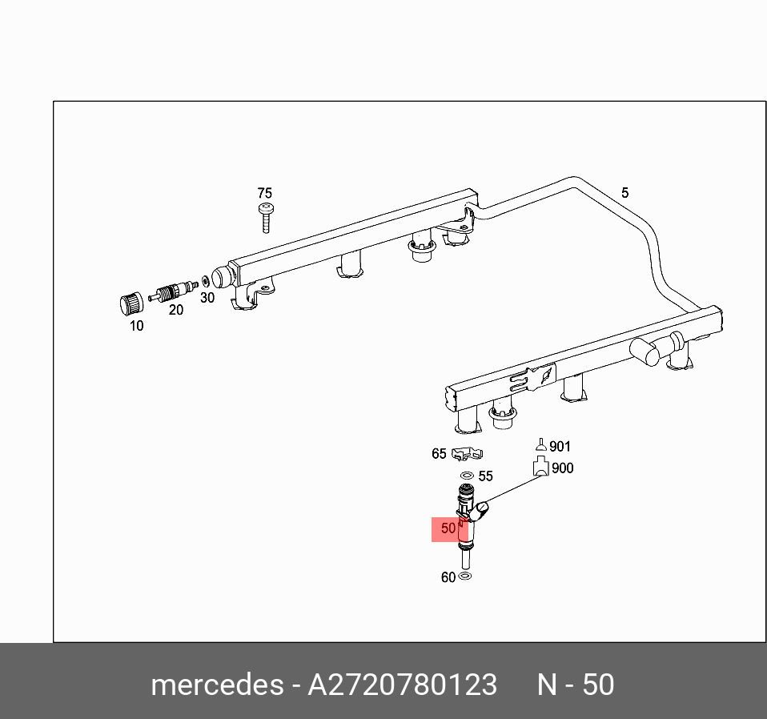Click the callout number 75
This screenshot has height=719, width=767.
[x=264, y=193]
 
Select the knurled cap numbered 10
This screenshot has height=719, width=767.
[x=131, y=304]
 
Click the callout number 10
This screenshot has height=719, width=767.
[x=136, y=326]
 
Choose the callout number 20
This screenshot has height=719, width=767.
[x=175, y=310]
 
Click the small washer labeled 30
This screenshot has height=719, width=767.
[x=206, y=281]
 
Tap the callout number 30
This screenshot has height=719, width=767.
[x=207, y=297]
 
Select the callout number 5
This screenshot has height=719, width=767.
[x=624, y=192]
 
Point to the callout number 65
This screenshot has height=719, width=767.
[x=439, y=454]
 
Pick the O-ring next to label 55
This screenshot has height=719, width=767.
[x=465, y=476]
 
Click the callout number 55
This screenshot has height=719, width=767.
[x=485, y=476]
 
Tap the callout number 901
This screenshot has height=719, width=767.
[x=560, y=447]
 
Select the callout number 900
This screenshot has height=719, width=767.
[x=563, y=468]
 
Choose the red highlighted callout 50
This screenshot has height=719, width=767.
[x=448, y=528]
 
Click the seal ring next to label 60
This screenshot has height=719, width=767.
[x=466, y=576]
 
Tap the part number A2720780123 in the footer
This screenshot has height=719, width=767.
[x=403, y=685]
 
